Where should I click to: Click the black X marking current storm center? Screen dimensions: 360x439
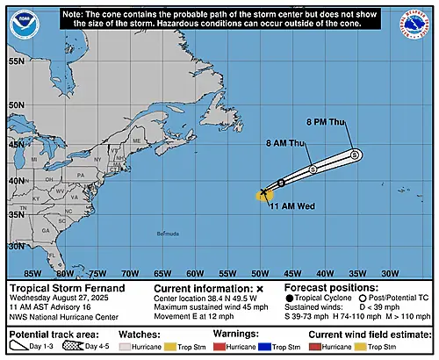click(264, 191)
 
